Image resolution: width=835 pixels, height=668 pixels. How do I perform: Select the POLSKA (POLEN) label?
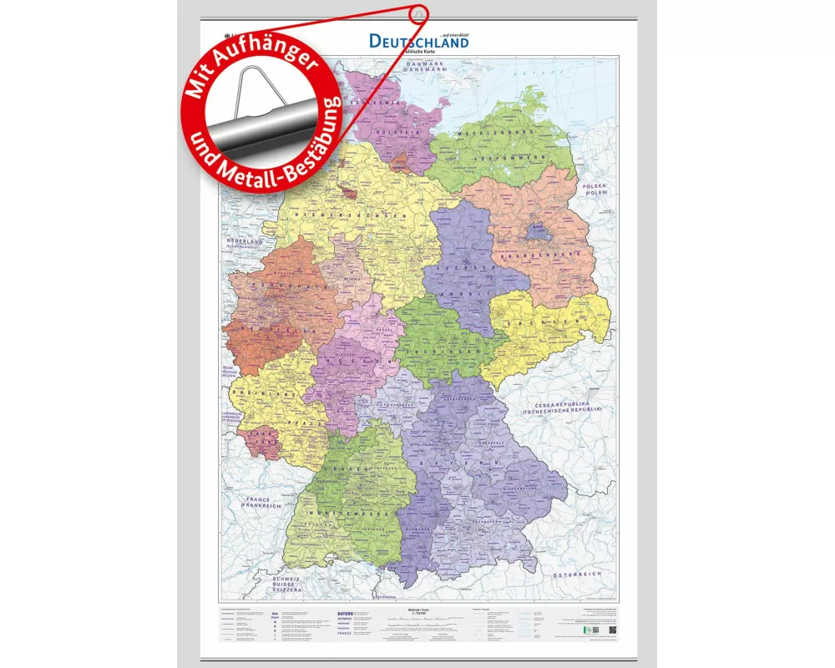point(595,188)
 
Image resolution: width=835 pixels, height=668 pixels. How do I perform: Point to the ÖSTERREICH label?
point(579,575)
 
